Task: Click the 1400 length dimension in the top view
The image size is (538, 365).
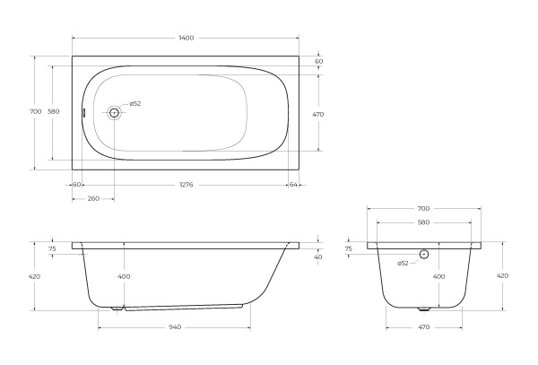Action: click(186, 38)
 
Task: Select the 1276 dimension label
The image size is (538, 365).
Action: click(186, 184)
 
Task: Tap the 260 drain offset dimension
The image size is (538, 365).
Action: click(92, 198)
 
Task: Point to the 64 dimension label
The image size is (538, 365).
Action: click(293, 184)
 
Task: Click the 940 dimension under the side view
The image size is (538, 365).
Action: click(175, 327)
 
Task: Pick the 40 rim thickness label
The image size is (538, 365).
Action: click(318, 257)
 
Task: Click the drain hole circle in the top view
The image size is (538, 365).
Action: click(114, 112)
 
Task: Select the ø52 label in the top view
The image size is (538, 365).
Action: click(135, 104)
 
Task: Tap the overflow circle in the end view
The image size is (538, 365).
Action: click(424, 255)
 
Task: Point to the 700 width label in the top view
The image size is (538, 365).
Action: click(35, 111)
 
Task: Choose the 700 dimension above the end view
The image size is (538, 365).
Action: click(424, 207)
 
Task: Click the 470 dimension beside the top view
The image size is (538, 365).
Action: click(318, 114)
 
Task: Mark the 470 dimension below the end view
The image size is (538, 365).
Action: click(424, 327)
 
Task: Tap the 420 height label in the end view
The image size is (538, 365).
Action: click(502, 275)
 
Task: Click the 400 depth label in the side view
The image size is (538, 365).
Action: click(124, 276)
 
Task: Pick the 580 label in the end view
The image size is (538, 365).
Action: click(424, 222)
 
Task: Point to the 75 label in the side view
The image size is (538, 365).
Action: click(52, 249)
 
